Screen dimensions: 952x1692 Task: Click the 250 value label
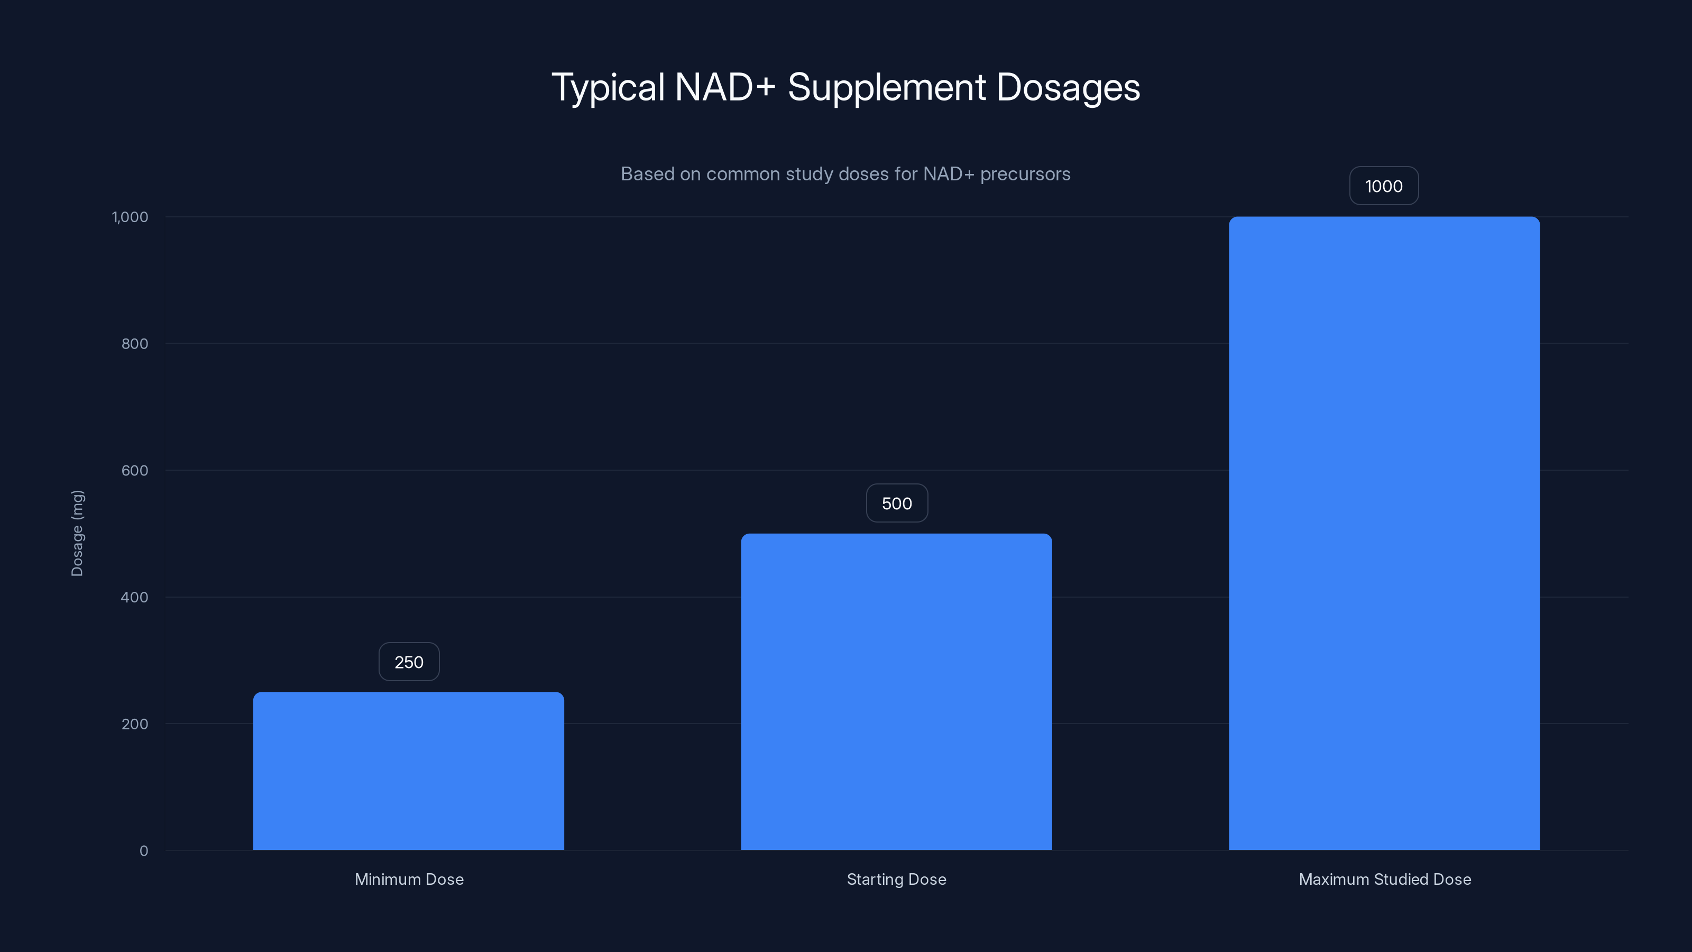409,662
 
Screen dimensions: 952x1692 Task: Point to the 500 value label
897,504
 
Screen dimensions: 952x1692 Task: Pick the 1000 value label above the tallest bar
1384,186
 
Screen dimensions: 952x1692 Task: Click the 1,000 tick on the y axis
130,217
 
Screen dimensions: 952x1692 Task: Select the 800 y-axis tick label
135,344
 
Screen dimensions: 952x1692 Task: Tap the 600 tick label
135,470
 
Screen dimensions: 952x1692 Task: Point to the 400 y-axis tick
135,597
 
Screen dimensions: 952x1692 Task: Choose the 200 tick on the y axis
135,724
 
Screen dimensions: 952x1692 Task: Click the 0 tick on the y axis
144,851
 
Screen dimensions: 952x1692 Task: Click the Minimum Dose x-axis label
409,879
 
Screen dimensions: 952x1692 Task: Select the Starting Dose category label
897,879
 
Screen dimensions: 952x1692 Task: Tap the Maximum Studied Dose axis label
1385,879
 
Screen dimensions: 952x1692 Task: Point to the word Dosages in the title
1068,87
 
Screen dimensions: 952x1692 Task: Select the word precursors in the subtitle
1025,174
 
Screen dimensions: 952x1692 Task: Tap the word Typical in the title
608,87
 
